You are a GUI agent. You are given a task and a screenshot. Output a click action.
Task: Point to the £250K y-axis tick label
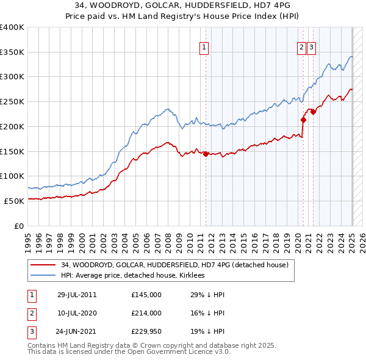pos(12,101)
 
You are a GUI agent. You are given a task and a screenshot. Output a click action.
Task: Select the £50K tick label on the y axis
pos(15,201)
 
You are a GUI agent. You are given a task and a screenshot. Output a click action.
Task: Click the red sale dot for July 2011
pos(206,154)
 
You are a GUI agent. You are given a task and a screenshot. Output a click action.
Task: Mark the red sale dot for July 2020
pos(303,120)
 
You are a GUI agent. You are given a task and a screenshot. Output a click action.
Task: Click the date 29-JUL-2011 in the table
pos(77,295)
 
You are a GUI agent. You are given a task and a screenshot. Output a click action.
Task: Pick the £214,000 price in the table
pos(146,313)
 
